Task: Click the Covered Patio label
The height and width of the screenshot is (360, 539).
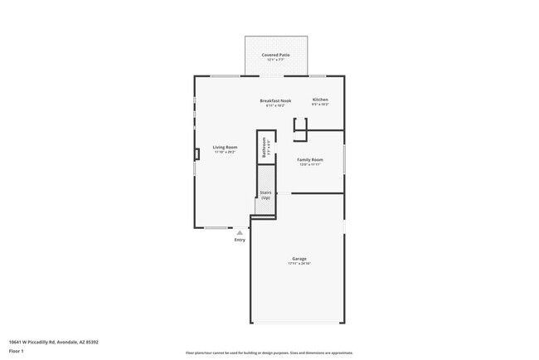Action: (x=275, y=55)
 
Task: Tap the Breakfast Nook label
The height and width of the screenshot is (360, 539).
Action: (x=275, y=100)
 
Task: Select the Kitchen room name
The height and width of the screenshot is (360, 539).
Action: (x=320, y=100)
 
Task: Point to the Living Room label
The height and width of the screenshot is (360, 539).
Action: (x=225, y=147)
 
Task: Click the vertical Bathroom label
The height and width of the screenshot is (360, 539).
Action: (x=265, y=148)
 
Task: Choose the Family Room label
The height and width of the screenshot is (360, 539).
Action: (x=311, y=159)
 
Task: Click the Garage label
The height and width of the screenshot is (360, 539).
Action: (x=299, y=258)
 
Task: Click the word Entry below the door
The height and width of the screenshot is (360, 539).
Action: (x=240, y=240)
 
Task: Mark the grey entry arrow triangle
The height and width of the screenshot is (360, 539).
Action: (x=240, y=232)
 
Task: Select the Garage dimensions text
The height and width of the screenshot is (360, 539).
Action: (x=299, y=263)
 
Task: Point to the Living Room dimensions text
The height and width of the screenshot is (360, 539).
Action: (x=225, y=152)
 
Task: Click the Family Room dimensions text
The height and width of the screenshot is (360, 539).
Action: (x=311, y=164)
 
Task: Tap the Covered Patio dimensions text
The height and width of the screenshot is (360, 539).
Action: (x=275, y=60)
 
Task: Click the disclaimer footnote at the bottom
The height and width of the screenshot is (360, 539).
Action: (x=269, y=353)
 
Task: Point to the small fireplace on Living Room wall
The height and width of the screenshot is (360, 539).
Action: (x=197, y=153)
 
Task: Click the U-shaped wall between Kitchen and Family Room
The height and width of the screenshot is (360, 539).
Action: (x=300, y=126)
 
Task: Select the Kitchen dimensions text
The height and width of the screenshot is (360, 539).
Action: (x=320, y=105)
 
